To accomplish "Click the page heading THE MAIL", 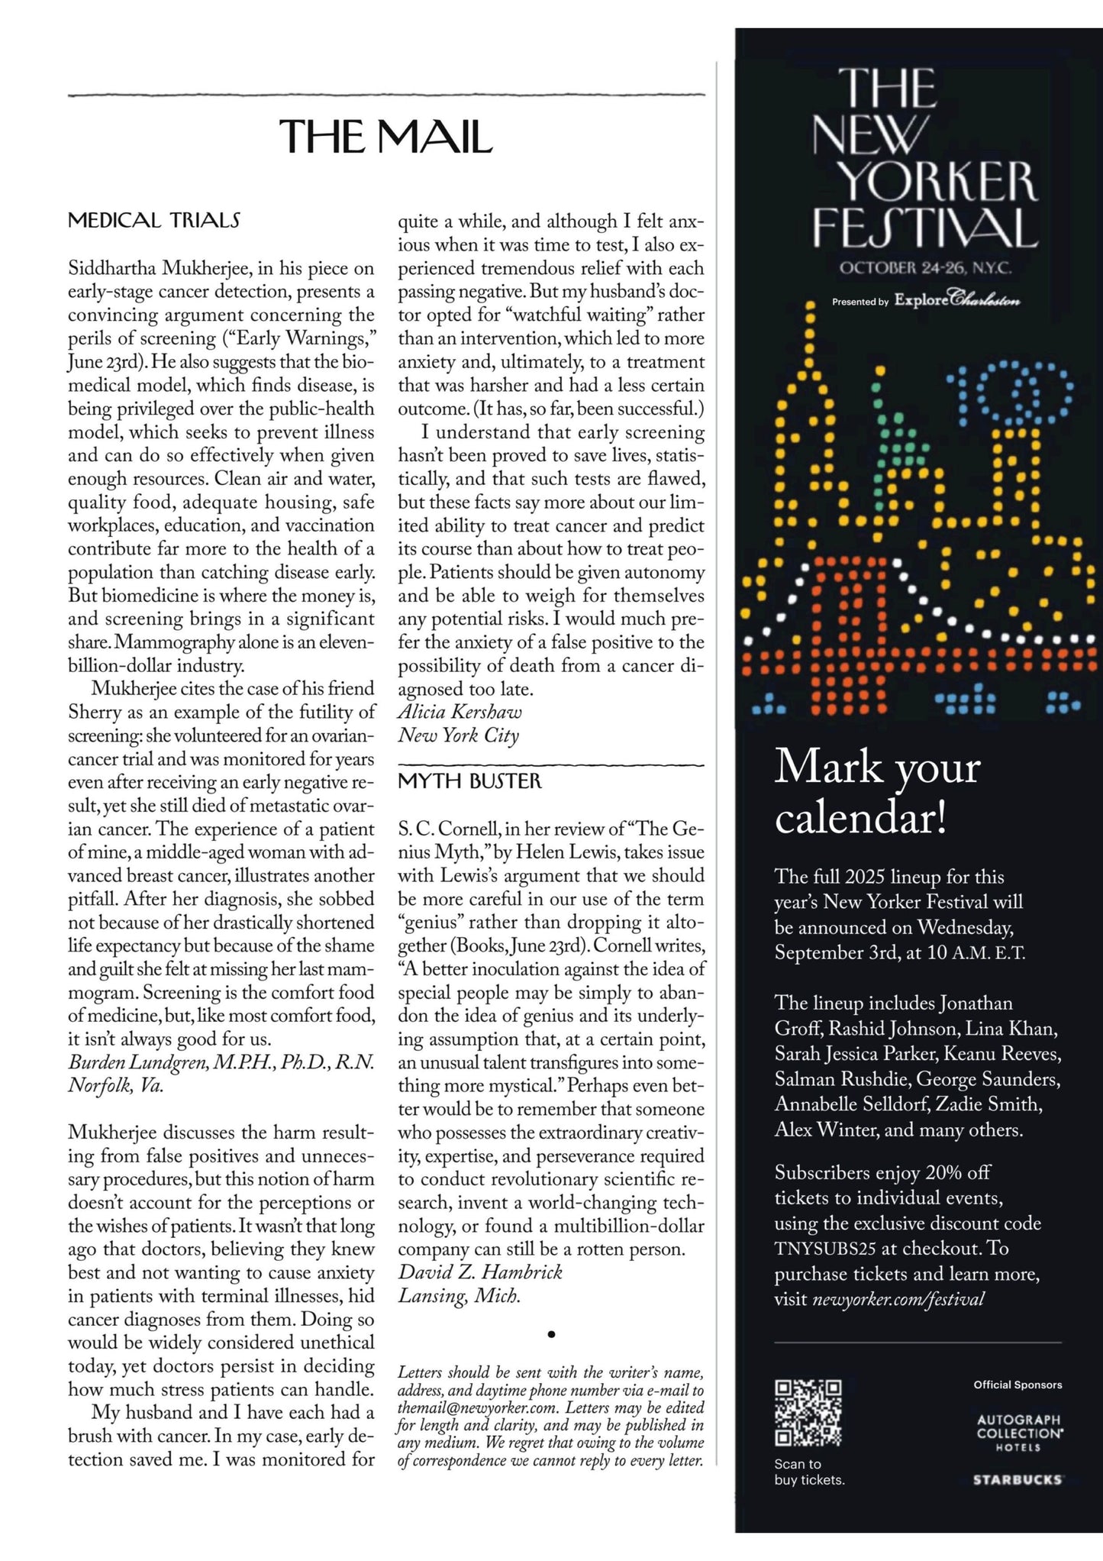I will coord(385,137).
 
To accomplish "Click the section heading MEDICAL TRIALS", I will coord(154,221).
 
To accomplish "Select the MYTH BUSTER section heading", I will coord(469,781).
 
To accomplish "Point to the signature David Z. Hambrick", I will coord(480,1272).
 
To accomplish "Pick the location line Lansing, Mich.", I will coord(459,1296).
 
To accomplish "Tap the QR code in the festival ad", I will coord(808,1413).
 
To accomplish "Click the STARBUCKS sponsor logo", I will coord(1018,1480).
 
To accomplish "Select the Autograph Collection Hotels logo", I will coord(1019,1433).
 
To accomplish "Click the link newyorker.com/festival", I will coord(898,1299).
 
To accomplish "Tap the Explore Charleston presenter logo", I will coord(957,299).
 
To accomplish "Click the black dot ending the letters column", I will coord(551,1334).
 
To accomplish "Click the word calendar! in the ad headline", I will coord(861,818).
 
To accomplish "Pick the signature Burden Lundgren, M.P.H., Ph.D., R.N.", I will coord(221,1062).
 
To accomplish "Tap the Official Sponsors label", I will coord(1018,1385).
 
